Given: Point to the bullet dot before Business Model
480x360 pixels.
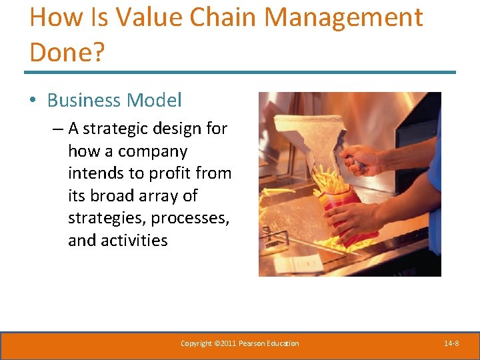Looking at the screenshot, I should point(33,101).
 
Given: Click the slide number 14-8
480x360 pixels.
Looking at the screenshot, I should point(451,343).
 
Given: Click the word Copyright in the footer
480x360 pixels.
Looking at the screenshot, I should point(197,343).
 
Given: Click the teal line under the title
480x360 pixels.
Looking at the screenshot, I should point(240,72).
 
